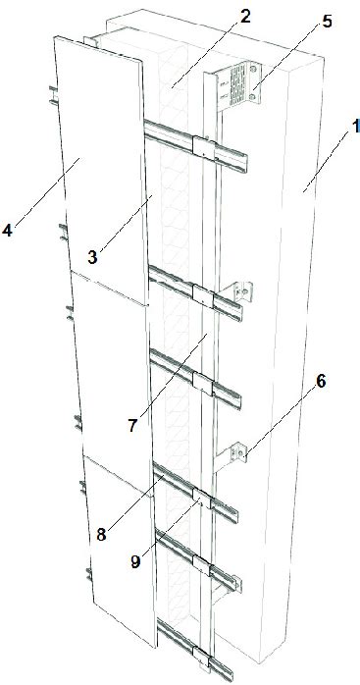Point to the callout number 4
click(8, 232)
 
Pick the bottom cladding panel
click(118, 550)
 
